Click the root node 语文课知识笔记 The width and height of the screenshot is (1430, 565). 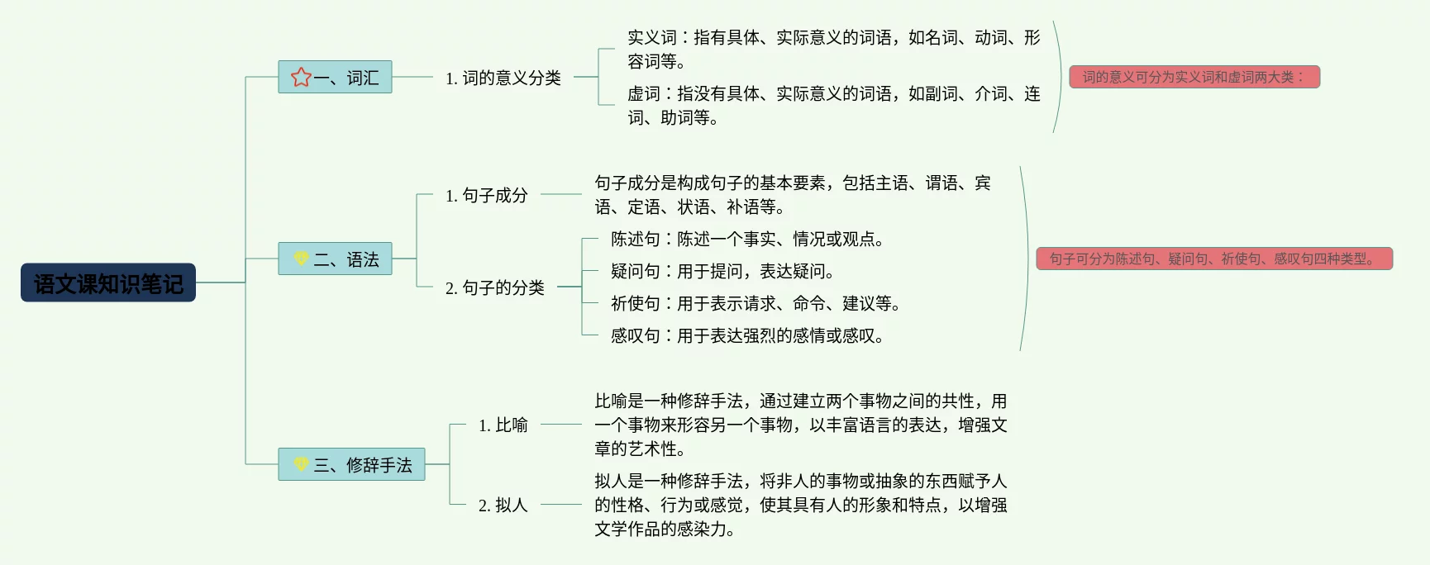click(108, 283)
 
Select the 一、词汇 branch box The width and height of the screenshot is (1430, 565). click(335, 77)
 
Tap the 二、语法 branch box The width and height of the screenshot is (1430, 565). click(335, 259)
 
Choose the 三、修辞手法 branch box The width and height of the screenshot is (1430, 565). click(351, 464)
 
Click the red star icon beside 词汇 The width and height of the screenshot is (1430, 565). click(301, 77)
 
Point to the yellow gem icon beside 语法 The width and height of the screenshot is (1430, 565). click(301, 259)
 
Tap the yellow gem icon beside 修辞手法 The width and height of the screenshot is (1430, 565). click(301, 464)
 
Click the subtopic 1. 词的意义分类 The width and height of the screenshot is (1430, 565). click(503, 78)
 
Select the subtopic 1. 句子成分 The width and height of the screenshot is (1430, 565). click(486, 195)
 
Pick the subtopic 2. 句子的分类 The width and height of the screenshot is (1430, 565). click(494, 287)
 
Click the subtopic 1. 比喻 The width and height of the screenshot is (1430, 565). click(503, 425)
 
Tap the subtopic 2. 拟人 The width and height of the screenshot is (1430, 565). click(503, 505)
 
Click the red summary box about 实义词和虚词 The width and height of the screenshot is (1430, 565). click(1194, 77)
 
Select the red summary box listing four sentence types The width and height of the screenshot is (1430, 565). click(1213, 259)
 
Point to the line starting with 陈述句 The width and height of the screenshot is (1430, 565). click(747, 240)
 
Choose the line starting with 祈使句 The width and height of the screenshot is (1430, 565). click(756, 303)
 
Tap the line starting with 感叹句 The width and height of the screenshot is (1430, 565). click(747, 335)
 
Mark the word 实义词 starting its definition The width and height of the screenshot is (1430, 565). click(652, 37)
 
